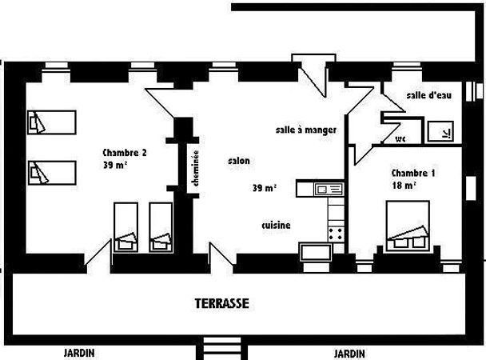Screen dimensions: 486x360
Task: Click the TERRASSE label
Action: click(222, 303)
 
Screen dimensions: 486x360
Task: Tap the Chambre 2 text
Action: click(125, 153)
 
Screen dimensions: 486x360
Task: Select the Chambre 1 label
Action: click(413, 173)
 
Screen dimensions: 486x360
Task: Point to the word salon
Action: click(239, 161)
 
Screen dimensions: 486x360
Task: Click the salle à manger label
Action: click(306, 130)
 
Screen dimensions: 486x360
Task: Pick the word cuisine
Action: click(276, 225)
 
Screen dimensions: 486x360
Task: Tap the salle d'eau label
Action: click(429, 95)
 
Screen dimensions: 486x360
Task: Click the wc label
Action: click(400, 139)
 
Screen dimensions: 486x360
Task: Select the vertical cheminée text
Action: click(196, 168)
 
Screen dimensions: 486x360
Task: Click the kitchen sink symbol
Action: click(329, 189)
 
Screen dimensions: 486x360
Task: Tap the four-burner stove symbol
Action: click(336, 234)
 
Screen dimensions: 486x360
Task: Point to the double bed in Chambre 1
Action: click(408, 226)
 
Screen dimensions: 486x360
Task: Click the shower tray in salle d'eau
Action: click(440, 132)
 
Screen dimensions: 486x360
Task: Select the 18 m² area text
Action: click(404, 185)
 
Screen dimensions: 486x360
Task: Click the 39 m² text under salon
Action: click(265, 187)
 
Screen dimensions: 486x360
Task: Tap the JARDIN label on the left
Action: click(79, 353)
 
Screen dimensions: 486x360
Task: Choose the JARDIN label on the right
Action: click(349, 354)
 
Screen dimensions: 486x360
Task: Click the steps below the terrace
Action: click(222, 349)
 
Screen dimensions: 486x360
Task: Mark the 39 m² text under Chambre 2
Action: click(115, 165)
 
